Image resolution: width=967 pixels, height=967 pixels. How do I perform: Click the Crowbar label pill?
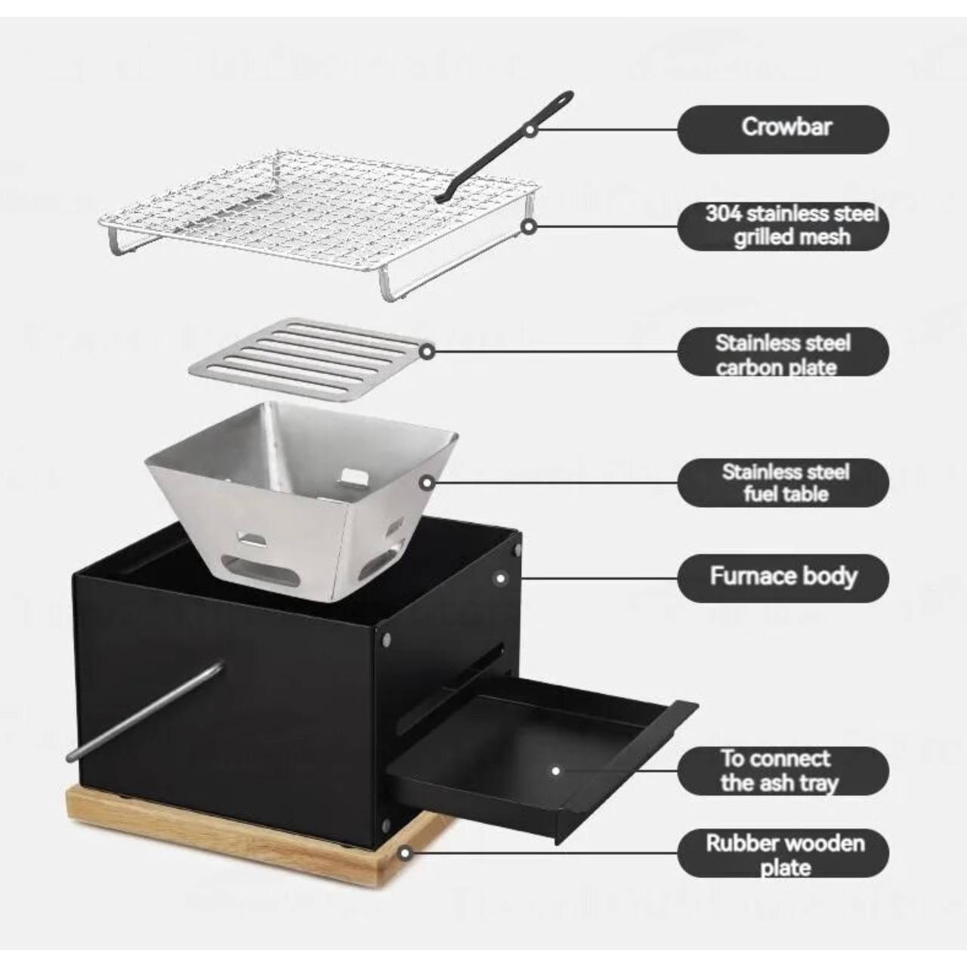(783, 129)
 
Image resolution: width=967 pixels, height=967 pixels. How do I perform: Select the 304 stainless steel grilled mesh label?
(783, 226)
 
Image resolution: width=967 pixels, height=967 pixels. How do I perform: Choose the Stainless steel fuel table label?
(783, 483)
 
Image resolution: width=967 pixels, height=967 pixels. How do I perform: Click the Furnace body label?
(783, 578)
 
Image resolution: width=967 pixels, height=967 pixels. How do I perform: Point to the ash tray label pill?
(783, 771)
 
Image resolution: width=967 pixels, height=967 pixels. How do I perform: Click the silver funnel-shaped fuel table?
(301, 502)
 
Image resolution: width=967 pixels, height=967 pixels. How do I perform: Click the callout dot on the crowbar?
(530, 129)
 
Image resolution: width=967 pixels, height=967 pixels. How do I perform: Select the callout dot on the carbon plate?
(427, 351)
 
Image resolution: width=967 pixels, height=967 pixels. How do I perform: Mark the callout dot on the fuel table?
(427, 483)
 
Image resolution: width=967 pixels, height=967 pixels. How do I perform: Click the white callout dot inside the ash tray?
(555, 771)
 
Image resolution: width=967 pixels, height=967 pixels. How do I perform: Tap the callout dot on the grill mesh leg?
(528, 227)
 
